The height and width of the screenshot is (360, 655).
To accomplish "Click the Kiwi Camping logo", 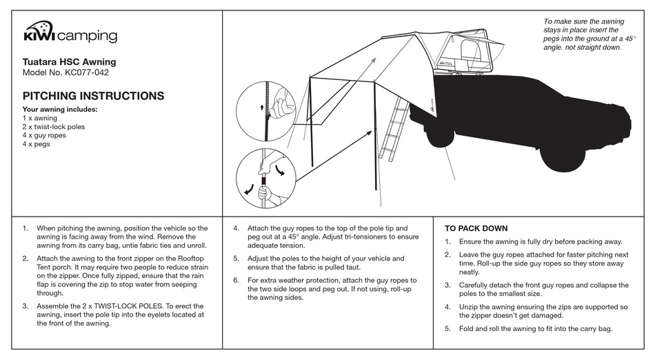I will coord(70,34).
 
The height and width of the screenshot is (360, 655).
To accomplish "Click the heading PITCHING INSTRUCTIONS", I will coord(93,96).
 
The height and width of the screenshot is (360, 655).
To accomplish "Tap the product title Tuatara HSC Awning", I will coord(69,62).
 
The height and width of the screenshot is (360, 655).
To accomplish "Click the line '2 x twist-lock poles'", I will coord(54,127).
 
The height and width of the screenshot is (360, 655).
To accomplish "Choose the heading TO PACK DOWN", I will coord(476,228).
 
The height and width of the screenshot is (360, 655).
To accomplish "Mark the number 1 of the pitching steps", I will coord(25,228).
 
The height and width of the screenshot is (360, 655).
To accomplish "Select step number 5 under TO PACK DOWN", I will coord(447,329).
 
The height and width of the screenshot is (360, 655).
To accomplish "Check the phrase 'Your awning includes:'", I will coord(60,109).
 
